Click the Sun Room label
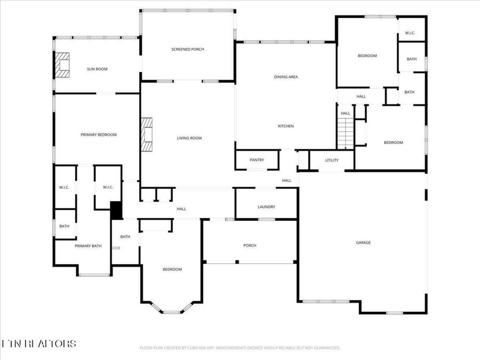(x=98, y=69)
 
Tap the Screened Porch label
(x=187, y=49)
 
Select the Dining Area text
(x=286, y=77)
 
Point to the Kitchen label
(x=286, y=126)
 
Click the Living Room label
(x=189, y=138)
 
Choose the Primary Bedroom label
(x=99, y=135)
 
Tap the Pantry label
(x=257, y=160)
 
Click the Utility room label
(x=332, y=160)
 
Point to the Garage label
(x=363, y=243)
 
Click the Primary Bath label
(x=88, y=246)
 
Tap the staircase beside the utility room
(x=346, y=133)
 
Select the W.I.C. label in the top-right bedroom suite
(x=410, y=33)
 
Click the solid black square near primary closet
(x=116, y=210)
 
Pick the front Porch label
(x=250, y=245)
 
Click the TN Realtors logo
(x=38, y=343)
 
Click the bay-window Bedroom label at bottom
(x=172, y=269)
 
